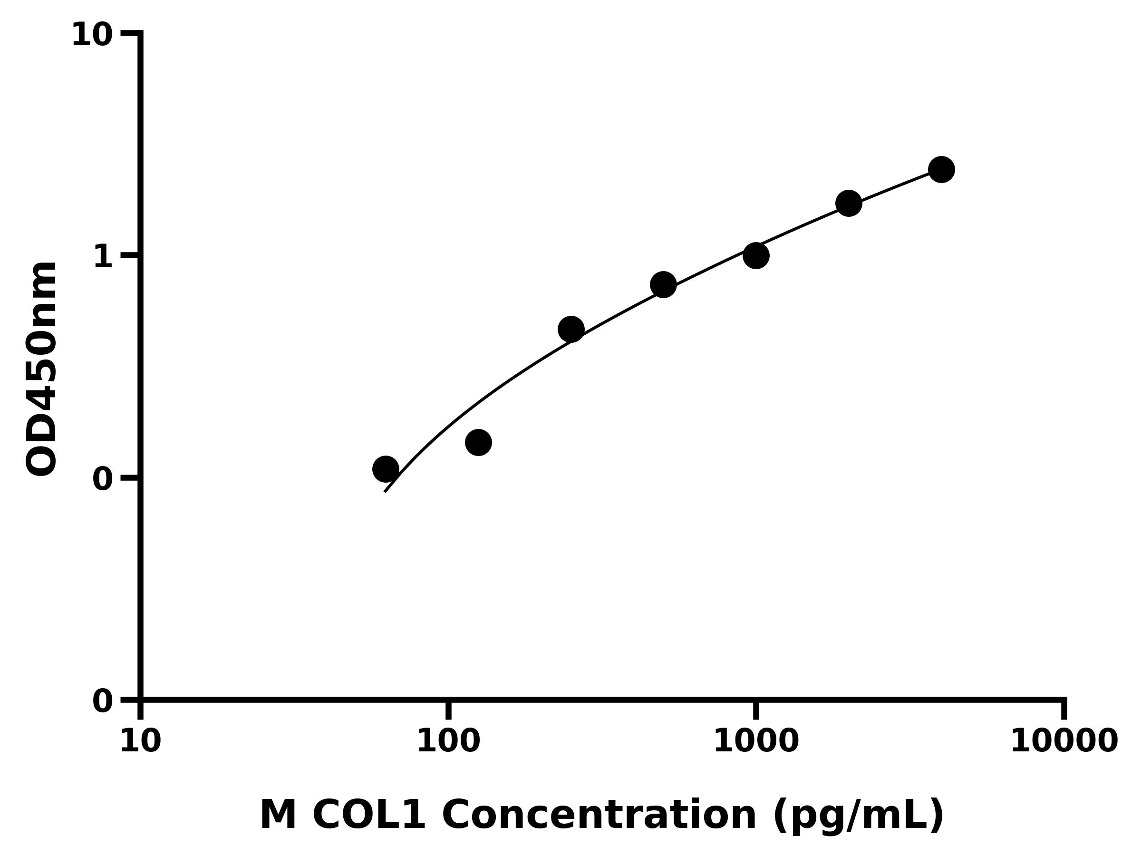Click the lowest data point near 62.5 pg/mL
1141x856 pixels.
pos(385,469)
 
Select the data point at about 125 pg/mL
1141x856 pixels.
pos(478,442)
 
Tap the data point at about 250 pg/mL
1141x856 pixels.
pos(571,329)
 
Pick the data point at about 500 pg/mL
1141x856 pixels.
pos(663,284)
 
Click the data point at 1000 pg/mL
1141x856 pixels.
pos(756,255)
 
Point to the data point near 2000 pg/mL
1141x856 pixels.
pos(849,203)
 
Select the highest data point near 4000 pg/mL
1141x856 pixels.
pos(941,169)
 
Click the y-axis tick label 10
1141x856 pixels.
pos(92,36)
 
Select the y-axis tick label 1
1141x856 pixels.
pos(103,257)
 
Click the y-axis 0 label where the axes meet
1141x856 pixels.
pos(103,702)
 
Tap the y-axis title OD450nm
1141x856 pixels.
pos(41,369)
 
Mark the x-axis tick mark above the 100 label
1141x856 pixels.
pos(448,710)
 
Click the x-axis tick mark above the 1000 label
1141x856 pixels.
pos(756,710)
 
